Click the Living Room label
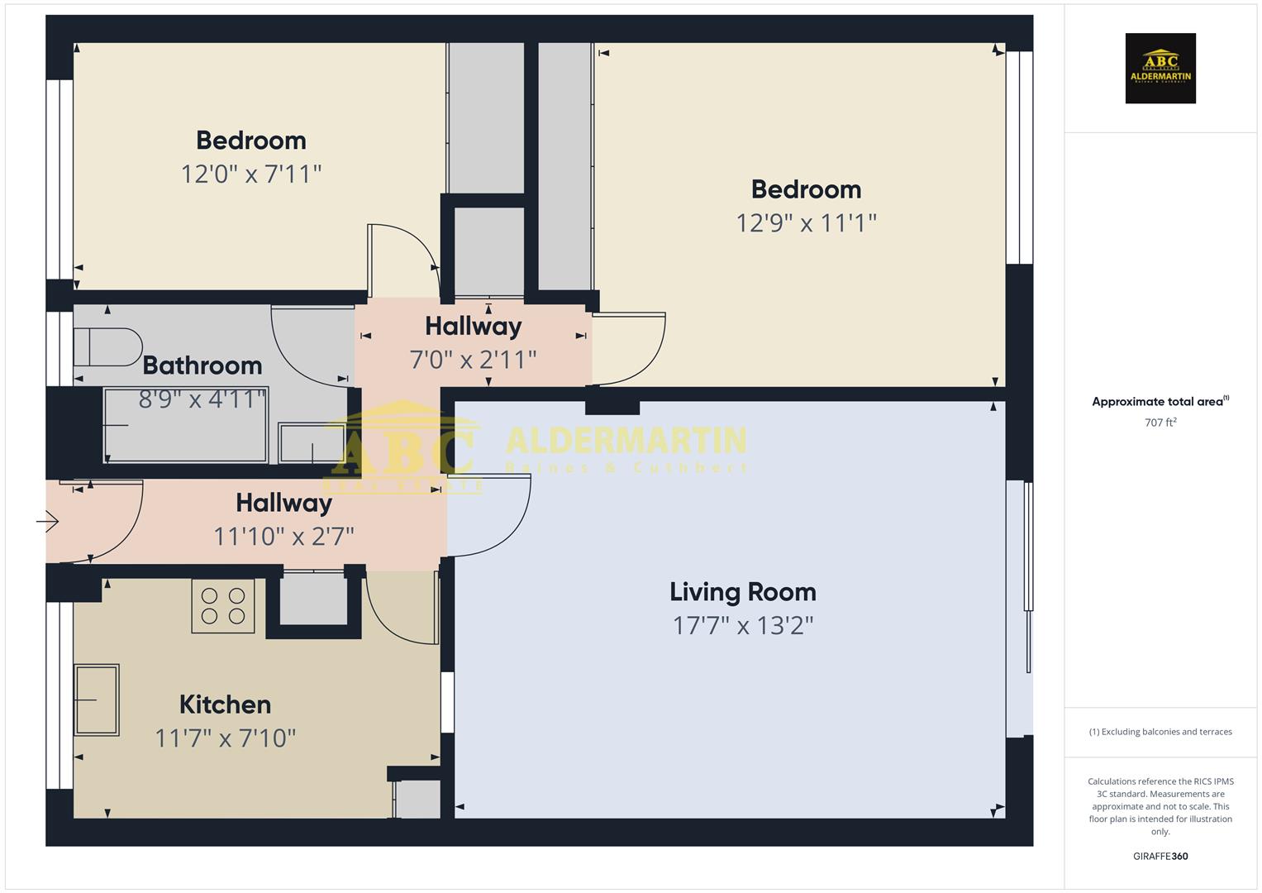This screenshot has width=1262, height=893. pos(742,592)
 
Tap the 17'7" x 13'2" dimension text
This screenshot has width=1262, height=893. pos(742,626)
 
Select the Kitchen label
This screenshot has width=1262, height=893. pos(225,704)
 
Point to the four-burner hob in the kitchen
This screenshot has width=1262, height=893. pos(223,606)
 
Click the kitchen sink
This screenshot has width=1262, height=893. pos(97,700)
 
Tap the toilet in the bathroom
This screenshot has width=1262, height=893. pos(107,347)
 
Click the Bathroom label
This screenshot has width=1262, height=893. pos(202,365)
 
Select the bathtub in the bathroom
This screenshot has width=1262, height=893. pos(185,425)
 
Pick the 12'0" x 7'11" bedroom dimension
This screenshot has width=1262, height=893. pos(250,174)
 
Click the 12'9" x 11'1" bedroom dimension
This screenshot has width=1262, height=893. pos(806,223)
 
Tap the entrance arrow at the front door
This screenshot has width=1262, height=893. pos(48,522)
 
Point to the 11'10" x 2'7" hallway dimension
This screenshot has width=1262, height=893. pos(283,537)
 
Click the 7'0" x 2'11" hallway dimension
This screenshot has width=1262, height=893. pos(473,360)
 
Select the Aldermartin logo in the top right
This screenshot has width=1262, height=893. pos(1160,69)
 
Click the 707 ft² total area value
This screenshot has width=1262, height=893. pos(1160,423)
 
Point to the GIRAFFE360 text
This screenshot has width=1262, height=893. pos(1160,857)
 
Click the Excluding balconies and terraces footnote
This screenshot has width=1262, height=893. pos(1160,732)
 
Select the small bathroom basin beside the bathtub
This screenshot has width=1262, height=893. pos(311,443)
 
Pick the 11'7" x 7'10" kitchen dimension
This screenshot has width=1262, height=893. pos(225,738)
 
